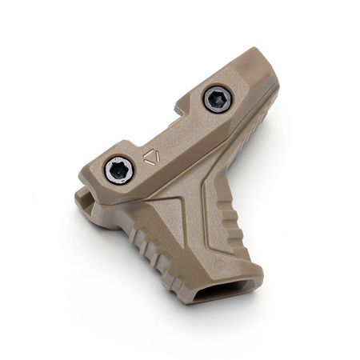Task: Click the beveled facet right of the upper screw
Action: coord(252,88)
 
